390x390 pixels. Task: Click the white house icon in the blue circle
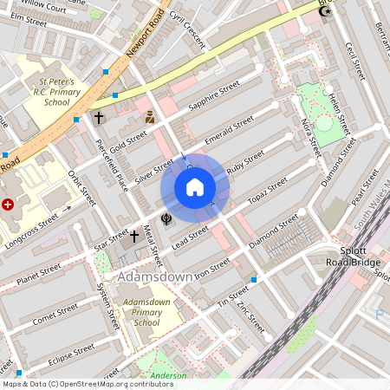[195, 187]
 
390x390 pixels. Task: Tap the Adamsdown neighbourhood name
[154, 276]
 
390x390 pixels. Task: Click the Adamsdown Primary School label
[140, 312]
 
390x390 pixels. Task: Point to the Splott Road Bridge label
[353, 257]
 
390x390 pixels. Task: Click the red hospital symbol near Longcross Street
[9, 205]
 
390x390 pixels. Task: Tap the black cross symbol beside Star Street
[134, 235]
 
